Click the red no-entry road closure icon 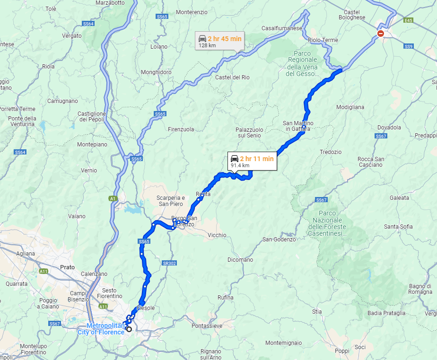pyautogui.click(x=381, y=33)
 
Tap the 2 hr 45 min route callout pyautogui.click(x=220, y=41)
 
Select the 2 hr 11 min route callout pyautogui.click(x=252, y=161)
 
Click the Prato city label pyautogui.click(x=68, y=267)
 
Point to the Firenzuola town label pyautogui.click(x=181, y=129)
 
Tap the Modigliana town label pyautogui.click(x=350, y=107)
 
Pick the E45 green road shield pyautogui.click(x=409, y=20)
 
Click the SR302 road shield pyautogui.click(x=169, y=263)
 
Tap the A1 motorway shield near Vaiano pyautogui.click(x=113, y=199)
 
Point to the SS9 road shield pyautogui.click(x=409, y=46)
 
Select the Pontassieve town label pyautogui.click(x=207, y=326)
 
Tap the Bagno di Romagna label pyautogui.click(x=420, y=289)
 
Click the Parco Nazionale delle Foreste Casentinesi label pyautogui.click(x=327, y=223)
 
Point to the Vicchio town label pyautogui.click(x=217, y=235)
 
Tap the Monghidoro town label pyautogui.click(x=156, y=72)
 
